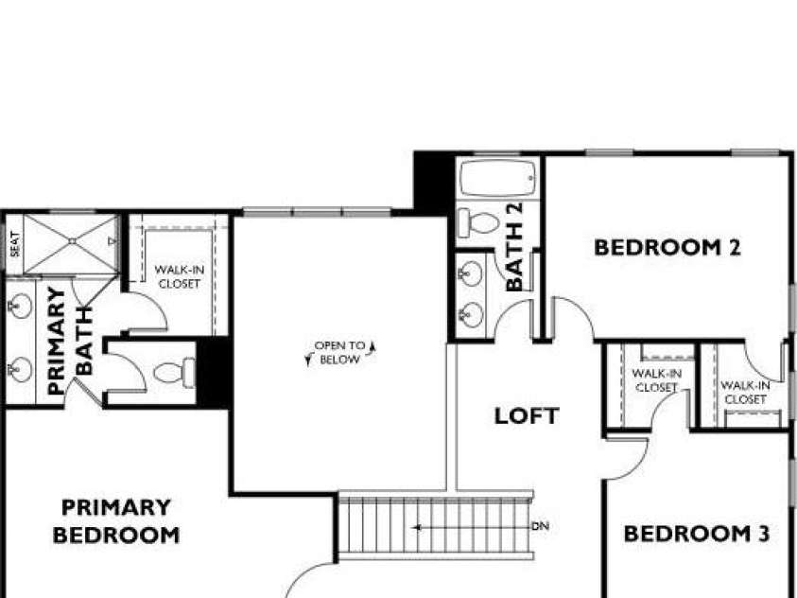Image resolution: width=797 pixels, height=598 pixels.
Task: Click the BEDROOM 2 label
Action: coord(667,248)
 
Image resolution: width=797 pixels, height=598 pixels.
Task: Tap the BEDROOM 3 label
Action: coord(697,534)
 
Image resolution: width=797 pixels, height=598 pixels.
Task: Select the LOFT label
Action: coord(527,416)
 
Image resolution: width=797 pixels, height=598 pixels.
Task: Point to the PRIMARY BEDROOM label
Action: coord(116,521)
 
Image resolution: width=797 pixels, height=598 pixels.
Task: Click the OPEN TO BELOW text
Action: coord(340,352)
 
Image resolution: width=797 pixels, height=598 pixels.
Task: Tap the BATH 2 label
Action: coord(514,247)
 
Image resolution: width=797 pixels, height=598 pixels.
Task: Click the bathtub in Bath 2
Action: coord(498,178)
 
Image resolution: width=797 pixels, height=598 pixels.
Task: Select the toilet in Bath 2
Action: coord(478,222)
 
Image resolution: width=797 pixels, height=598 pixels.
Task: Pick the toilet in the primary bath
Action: coord(174,373)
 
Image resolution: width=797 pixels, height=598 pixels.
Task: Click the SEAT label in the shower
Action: coord(15,244)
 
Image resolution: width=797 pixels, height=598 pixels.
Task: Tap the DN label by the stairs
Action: coord(540,526)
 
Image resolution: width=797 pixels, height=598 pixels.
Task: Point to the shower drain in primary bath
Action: coord(72,241)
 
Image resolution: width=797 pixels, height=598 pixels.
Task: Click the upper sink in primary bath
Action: coord(21,307)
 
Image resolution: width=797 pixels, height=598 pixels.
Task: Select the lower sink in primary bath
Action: coord(21,369)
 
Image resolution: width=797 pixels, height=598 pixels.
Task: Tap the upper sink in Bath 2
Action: coord(471,273)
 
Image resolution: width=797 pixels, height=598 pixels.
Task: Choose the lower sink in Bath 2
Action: coord(471,315)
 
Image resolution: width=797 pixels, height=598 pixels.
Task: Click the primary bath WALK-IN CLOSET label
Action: coord(180,276)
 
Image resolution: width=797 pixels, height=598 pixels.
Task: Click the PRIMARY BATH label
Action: coord(70,341)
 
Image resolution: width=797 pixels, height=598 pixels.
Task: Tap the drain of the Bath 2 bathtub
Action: coord(530,178)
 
